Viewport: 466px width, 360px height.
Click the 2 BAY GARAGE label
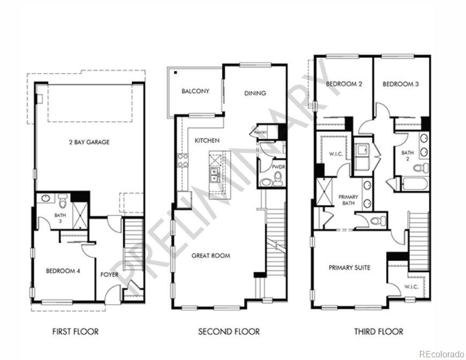[x=89, y=142]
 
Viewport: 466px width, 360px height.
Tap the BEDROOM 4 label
[x=63, y=271]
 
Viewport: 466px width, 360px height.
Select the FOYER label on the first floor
[x=109, y=275]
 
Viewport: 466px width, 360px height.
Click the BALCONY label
[x=195, y=91]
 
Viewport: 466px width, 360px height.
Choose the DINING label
[x=255, y=93]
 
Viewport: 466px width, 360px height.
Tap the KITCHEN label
[x=207, y=140]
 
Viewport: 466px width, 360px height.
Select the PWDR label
[x=277, y=167]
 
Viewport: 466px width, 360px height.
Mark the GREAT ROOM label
[x=211, y=256]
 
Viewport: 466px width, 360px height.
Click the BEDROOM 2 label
[x=344, y=84]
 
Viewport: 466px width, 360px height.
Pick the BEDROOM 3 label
[x=401, y=84]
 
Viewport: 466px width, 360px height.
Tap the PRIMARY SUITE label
[x=349, y=267]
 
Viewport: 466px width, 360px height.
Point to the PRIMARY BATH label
[x=348, y=200]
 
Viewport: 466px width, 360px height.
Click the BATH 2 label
[x=407, y=156]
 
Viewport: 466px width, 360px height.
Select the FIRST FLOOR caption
[x=75, y=332]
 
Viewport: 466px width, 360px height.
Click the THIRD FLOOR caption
[x=378, y=332]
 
